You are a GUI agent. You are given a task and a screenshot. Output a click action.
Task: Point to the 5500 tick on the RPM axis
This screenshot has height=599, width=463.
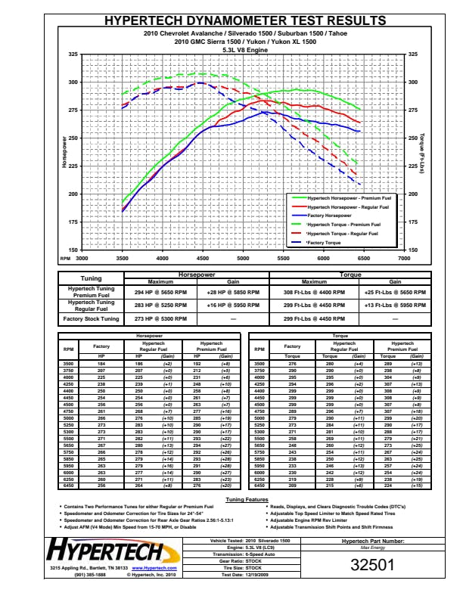[x=283, y=258]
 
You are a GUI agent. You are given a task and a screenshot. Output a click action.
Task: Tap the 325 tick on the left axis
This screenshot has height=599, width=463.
[x=72, y=54]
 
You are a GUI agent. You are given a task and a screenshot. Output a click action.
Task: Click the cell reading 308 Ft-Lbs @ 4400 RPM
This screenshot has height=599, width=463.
[x=303, y=290]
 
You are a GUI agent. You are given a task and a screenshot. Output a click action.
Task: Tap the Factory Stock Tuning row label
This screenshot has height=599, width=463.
[x=90, y=319]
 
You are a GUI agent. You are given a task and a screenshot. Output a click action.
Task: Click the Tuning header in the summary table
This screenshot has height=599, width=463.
[x=90, y=278]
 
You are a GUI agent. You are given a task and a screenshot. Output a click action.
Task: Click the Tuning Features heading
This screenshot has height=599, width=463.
[x=247, y=500]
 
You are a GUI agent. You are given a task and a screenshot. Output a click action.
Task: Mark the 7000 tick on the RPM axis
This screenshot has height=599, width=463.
[x=404, y=258]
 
